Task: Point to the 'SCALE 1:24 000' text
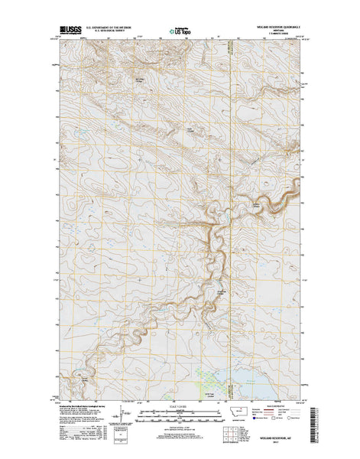(179, 405)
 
